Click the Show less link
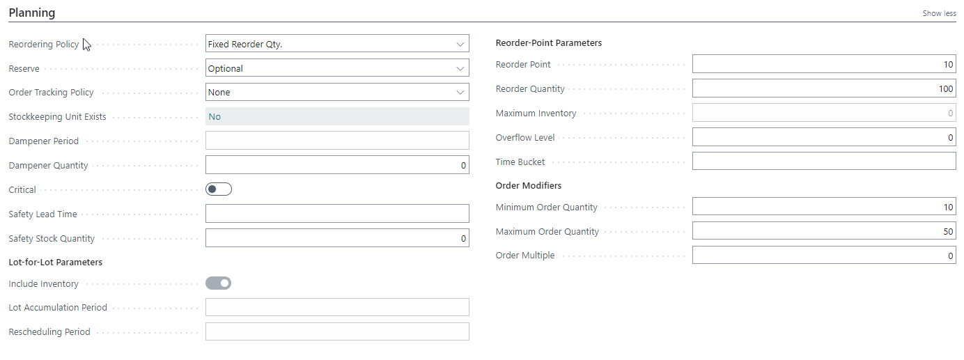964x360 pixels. (x=939, y=13)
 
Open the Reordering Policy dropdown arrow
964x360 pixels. (x=460, y=45)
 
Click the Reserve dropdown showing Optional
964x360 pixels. (x=337, y=68)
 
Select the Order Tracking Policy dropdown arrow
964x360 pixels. (x=460, y=93)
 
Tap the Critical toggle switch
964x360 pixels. (x=219, y=189)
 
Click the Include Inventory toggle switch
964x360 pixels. (x=218, y=283)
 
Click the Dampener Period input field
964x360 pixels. (x=337, y=141)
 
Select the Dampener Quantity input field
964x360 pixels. (x=337, y=165)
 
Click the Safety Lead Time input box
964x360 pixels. (x=337, y=214)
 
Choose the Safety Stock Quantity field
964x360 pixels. (x=337, y=238)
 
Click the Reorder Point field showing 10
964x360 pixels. (x=824, y=64)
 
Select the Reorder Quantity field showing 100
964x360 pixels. (x=824, y=88)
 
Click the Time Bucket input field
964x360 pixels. (x=824, y=162)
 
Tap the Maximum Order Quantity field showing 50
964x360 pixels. (x=824, y=231)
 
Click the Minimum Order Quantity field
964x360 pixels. (x=824, y=207)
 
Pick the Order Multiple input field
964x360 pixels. (x=824, y=255)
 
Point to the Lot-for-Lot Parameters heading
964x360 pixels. (x=56, y=263)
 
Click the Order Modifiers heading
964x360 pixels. (x=529, y=185)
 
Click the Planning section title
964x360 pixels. (x=32, y=13)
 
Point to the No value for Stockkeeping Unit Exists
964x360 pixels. (x=215, y=116)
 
